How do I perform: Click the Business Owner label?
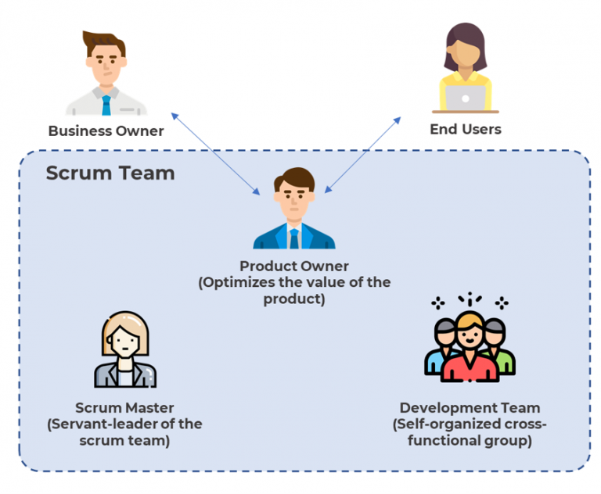click(106, 131)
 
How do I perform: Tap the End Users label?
click(465, 129)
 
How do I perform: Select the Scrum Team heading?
click(110, 173)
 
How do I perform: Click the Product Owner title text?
click(294, 267)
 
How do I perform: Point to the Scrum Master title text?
click(124, 407)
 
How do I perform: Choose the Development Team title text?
click(470, 407)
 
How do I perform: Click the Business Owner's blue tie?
click(106, 103)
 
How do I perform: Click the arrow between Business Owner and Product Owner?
click(215, 153)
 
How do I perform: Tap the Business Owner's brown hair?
click(105, 41)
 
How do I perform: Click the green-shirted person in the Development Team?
click(506, 361)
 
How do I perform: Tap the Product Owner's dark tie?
click(294, 238)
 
